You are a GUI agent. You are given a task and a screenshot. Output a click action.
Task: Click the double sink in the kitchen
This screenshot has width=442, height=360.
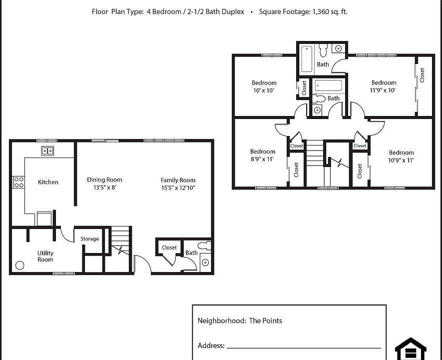tap(47, 150)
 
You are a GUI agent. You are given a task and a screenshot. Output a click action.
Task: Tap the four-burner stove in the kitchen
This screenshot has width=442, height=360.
tap(18, 182)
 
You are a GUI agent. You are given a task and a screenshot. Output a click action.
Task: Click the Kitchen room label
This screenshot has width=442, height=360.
tap(48, 182)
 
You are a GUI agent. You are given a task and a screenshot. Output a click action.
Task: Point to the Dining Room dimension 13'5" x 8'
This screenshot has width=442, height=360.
tap(104, 188)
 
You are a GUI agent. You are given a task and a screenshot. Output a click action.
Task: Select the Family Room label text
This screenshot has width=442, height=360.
tap(178, 180)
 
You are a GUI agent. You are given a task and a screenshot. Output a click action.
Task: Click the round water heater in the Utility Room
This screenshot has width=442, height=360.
tap(20, 265)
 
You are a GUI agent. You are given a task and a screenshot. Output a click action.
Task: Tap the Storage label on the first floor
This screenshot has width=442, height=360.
tap(90, 239)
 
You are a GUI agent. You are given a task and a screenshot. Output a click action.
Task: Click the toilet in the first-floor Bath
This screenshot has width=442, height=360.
tap(204, 246)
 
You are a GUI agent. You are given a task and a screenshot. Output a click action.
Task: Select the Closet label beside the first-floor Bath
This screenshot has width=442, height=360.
tap(169, 247)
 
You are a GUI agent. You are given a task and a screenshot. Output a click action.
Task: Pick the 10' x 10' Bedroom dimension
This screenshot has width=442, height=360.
tap(264, 90)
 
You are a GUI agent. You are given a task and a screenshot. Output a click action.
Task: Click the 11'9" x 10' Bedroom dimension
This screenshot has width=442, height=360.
tap(384, 90)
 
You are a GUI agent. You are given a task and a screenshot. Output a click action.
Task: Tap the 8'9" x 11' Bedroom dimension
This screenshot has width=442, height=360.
tap(263, 159)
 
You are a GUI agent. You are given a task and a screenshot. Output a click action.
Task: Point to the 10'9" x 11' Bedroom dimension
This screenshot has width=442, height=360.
tap(402, 160)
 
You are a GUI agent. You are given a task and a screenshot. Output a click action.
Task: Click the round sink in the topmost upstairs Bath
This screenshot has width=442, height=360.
tap(338, 49)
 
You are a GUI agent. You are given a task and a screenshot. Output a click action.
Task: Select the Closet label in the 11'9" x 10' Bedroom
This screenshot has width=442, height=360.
tap(422, 75)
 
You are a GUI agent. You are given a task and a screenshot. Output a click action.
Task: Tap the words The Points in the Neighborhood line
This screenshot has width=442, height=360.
tap(266, 320)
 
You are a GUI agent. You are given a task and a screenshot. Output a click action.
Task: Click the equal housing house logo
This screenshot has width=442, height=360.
tap(411, 348)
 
